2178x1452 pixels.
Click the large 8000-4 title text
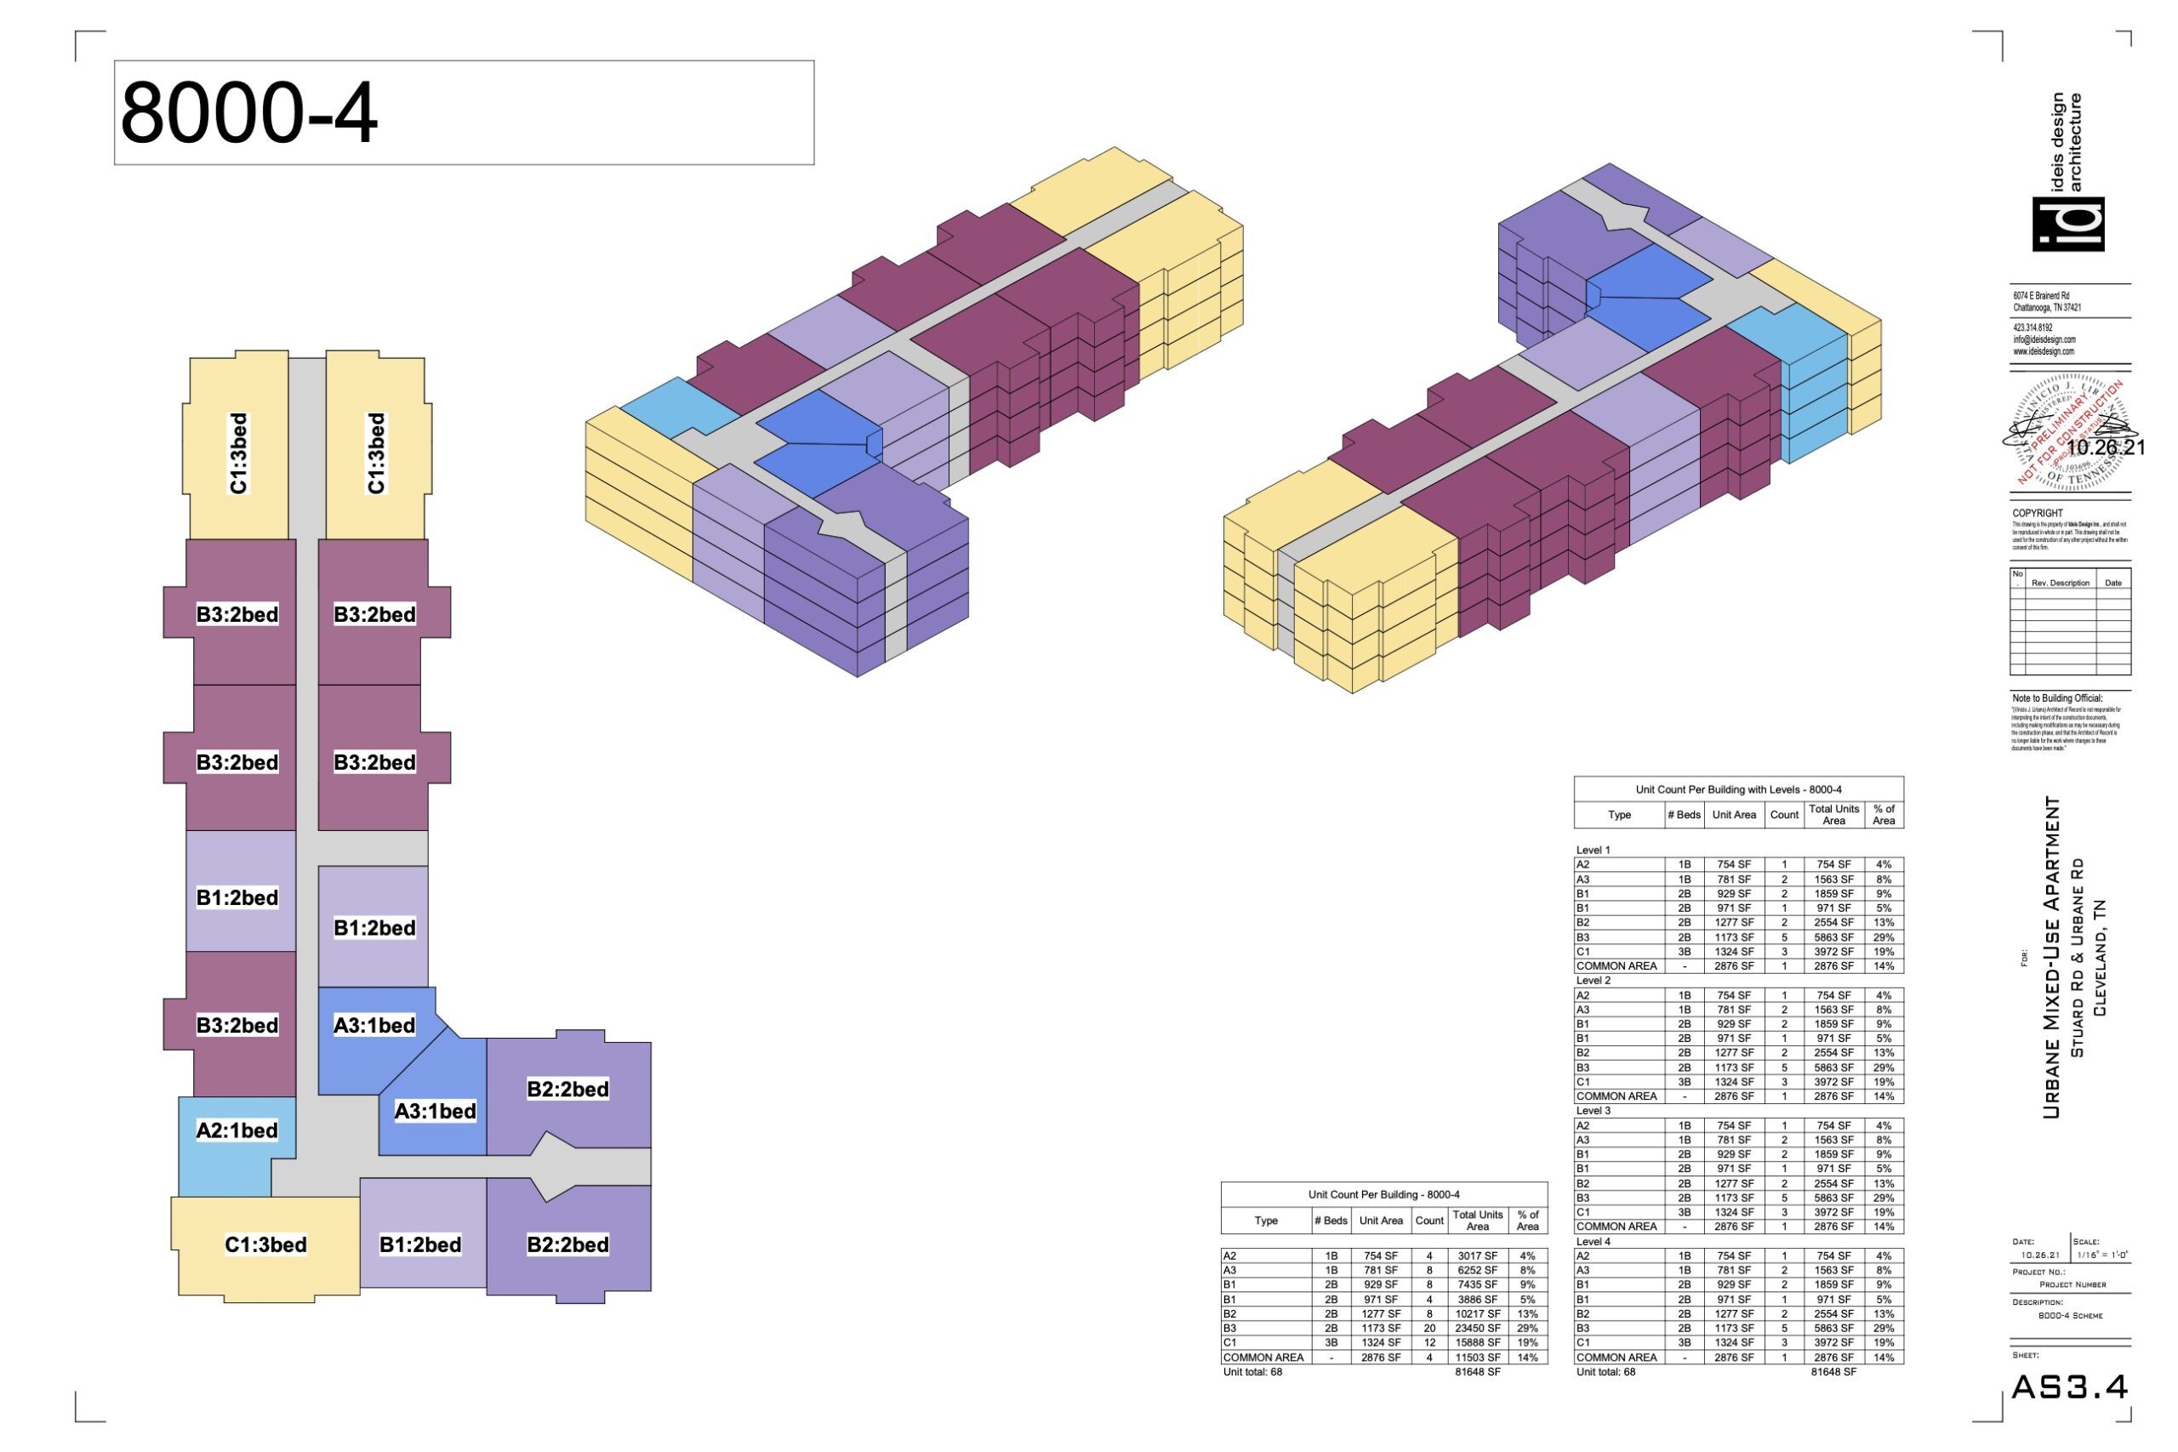coord(248,113)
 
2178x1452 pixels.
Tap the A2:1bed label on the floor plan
coord(237,1130)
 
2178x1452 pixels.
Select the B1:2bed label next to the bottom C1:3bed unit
coord(420,1244)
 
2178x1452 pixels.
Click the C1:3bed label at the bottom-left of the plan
coord(265,1244)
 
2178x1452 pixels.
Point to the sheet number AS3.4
coord(2070,1387)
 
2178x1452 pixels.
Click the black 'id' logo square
coord(2067,224)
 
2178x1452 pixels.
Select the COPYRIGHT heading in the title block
coord(2038,513)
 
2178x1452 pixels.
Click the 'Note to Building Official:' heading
coord(2056,698)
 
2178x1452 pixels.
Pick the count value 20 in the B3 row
coord(1428,1328)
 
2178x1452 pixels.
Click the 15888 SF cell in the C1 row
coord(1477,1341)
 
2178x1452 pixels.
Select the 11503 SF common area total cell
coord(1477,1357)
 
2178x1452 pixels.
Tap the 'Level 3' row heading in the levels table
coord(1594,1110)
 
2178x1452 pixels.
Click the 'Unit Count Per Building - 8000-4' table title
coord(1383,1194)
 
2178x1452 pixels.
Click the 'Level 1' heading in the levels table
coord(1594,849)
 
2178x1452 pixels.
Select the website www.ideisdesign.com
coord(2044,352)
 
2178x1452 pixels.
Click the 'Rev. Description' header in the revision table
coord(2061,583)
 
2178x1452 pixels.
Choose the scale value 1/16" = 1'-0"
coord(2102,1255)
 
